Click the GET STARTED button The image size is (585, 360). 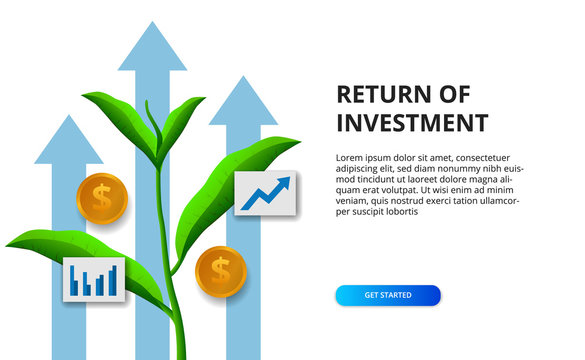click(387, 295)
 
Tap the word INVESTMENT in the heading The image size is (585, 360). click(412, 124)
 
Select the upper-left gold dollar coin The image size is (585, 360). click(102, 198)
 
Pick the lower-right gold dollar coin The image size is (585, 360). click(220, 270)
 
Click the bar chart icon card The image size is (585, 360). click(94, 279)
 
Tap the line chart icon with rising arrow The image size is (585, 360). click(265, 193)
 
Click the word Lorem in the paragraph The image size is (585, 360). click(351, 157)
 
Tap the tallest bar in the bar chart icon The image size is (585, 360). click(114, 280)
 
